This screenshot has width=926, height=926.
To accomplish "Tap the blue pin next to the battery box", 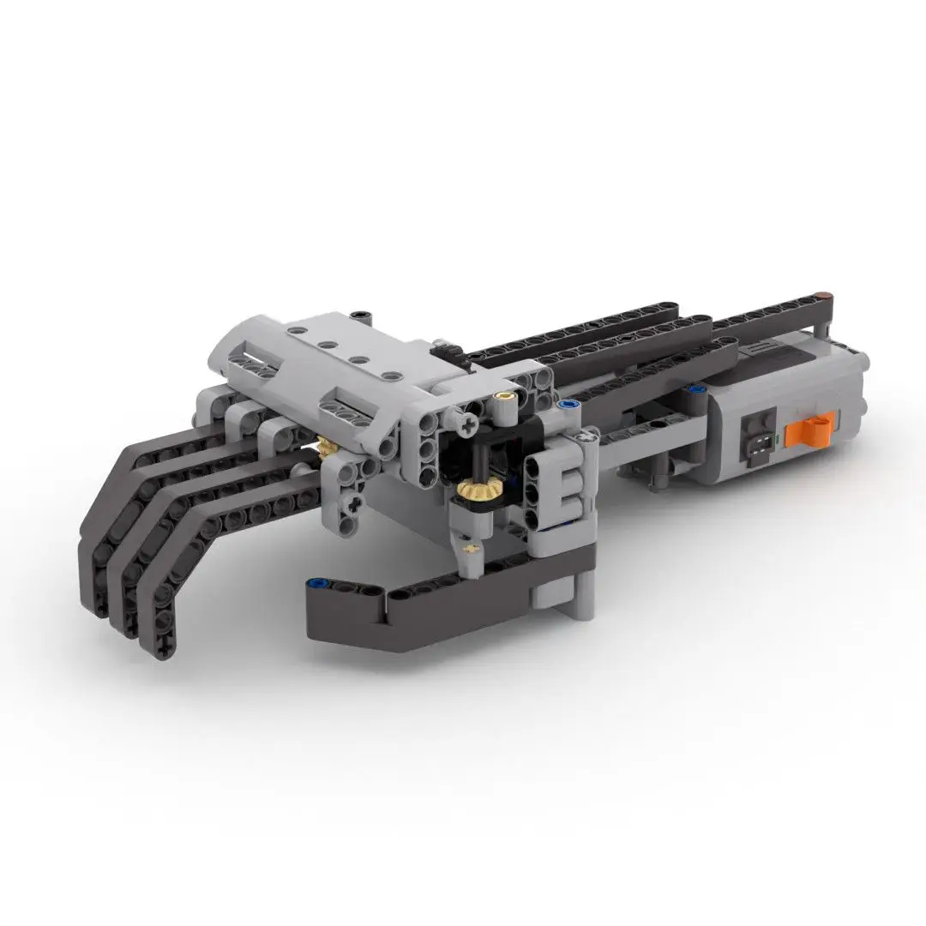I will pyautogui.click(x=565, y=402).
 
